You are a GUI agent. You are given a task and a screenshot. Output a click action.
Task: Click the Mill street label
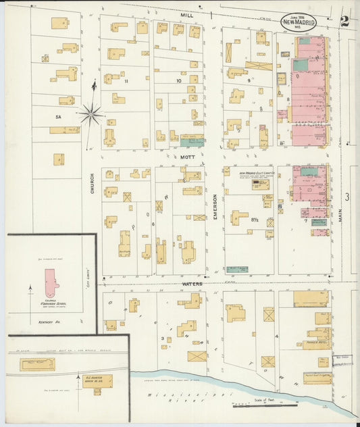(x=187, y=14)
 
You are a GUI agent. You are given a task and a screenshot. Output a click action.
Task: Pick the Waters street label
(x=192, y=284)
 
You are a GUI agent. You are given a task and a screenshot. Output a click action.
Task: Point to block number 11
(x=126, y=81)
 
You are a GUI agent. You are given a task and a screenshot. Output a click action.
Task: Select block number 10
(x=178, y=81)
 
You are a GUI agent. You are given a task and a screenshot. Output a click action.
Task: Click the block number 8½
(x=255, y=220)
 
